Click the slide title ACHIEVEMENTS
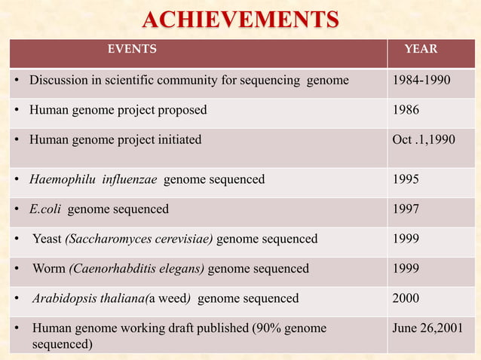(x=241, y=18)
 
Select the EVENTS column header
(x=132, y=50)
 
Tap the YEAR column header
(x=421, y=50)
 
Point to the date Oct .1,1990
(x=424, y=139)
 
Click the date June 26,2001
(x=428, y=328)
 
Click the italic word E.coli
(x=47, y=209)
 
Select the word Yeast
(x=47, y=239)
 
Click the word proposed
(x=182, y=110)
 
